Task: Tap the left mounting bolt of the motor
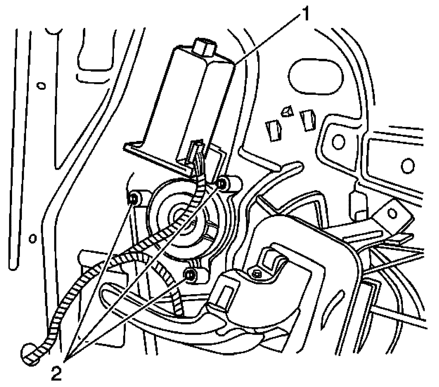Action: [x=134, y=199]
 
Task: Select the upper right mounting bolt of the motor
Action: [x=222, y=183]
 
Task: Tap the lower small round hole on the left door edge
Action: [x=33, y=238]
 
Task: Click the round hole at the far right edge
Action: [x=407, y=165]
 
